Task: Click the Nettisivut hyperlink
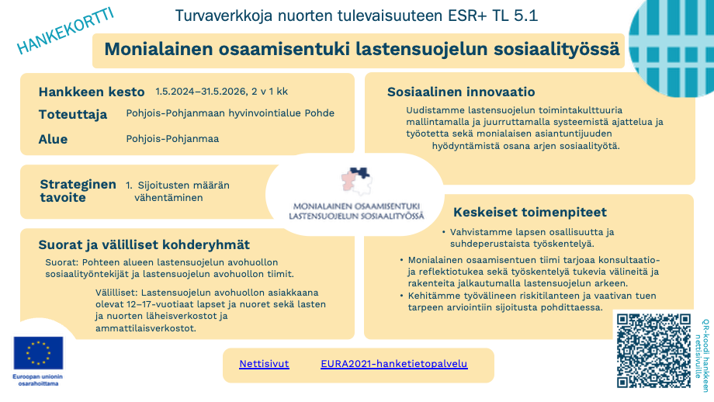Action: (264, 363)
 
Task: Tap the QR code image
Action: (653, 349)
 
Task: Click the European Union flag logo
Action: (38, 353)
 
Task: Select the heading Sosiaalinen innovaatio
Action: (450, 92)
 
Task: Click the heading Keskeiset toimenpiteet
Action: (529, 212)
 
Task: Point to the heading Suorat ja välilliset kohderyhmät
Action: (144, 245)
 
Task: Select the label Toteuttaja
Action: (73, 114)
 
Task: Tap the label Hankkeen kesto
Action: (92, 91)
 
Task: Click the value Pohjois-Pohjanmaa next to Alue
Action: (172, 139)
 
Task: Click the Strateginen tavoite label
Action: (78, 191)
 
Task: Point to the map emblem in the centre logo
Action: (355, 180)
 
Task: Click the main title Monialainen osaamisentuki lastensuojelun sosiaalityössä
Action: (362, 50)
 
